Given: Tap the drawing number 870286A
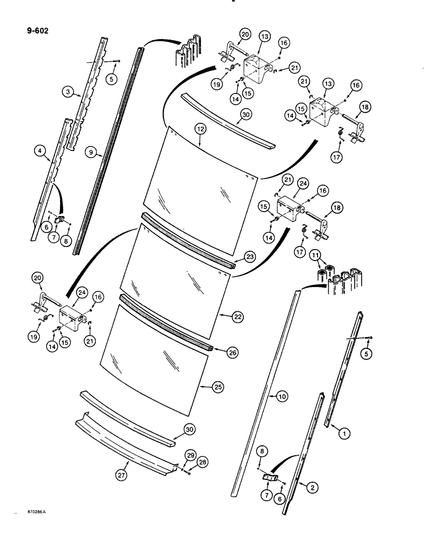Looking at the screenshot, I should click(x=34, y=512).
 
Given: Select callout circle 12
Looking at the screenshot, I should click(x=199, y=128).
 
